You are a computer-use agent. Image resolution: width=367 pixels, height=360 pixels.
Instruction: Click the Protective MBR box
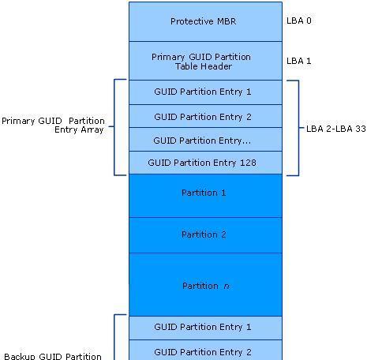point(205,21)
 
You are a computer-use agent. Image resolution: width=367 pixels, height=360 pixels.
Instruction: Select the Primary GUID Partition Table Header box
point(205,61)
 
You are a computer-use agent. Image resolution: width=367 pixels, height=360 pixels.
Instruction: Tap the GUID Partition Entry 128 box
point(205,163)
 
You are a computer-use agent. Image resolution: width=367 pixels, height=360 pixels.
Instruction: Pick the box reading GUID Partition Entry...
point(205,140)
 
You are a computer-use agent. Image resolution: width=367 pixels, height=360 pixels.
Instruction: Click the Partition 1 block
point(205,196)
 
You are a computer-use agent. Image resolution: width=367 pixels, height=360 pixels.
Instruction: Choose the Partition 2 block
point(205,235)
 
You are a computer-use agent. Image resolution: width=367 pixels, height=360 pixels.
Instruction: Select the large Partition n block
point(205,285)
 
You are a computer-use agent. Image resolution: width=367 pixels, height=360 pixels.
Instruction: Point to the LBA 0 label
point(299,21)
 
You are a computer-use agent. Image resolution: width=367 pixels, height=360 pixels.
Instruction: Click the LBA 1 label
point(299,61)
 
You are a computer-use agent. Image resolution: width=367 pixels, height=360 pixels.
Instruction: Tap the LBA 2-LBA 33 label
point(336,129)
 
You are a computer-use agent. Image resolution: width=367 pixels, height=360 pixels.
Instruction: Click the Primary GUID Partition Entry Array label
point(53,126)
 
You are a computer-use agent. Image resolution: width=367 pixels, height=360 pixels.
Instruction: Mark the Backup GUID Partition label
point(53,356)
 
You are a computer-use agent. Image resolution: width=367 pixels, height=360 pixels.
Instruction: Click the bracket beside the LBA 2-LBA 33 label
point(298,128)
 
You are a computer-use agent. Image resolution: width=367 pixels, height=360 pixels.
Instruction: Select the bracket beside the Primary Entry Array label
point(114,127)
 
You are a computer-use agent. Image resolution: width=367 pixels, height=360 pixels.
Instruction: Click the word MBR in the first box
point(227,21)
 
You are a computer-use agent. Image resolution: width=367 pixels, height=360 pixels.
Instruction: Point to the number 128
point(248,163)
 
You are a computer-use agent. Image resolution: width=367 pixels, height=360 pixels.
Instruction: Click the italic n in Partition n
point(227,287)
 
